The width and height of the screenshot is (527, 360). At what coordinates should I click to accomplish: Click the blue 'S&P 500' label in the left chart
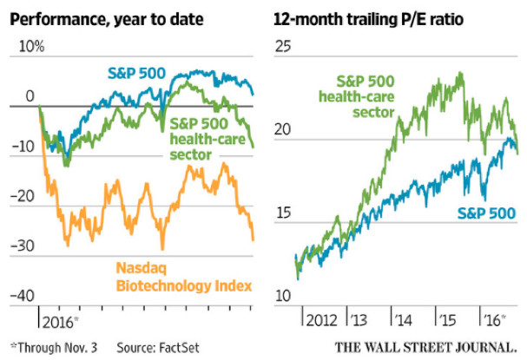click(x=142, y=71)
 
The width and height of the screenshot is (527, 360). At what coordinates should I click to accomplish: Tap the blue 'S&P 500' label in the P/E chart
click(x=487, y=213)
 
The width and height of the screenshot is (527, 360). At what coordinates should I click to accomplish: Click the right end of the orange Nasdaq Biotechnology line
click(x=254, y=239)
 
